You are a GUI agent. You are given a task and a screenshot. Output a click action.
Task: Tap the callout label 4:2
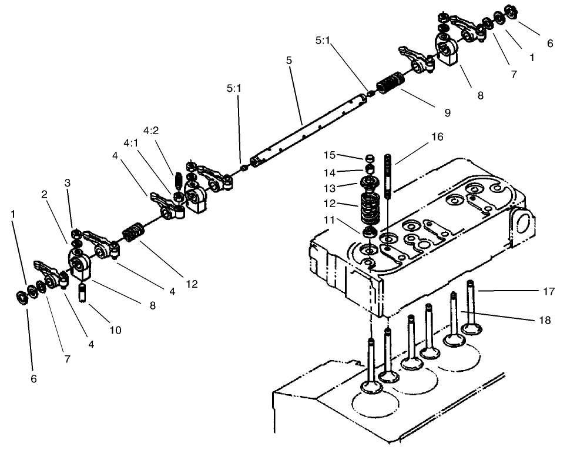(151, 130)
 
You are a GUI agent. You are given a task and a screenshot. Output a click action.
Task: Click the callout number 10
(115, 330)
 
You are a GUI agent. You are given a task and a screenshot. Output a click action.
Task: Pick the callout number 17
(549, 291)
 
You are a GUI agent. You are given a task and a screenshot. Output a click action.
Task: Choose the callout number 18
(545, 321)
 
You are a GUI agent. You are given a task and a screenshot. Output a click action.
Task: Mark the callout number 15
(329, 155)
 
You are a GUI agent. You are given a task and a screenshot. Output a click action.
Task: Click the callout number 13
(329, 188)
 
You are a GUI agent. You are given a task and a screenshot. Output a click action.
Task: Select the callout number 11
(329, 219)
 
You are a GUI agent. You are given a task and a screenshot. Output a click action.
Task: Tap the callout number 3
(68, 183)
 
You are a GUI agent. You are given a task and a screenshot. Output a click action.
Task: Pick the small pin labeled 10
(83, 291)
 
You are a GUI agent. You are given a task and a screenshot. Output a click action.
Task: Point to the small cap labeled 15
(370, 158)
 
